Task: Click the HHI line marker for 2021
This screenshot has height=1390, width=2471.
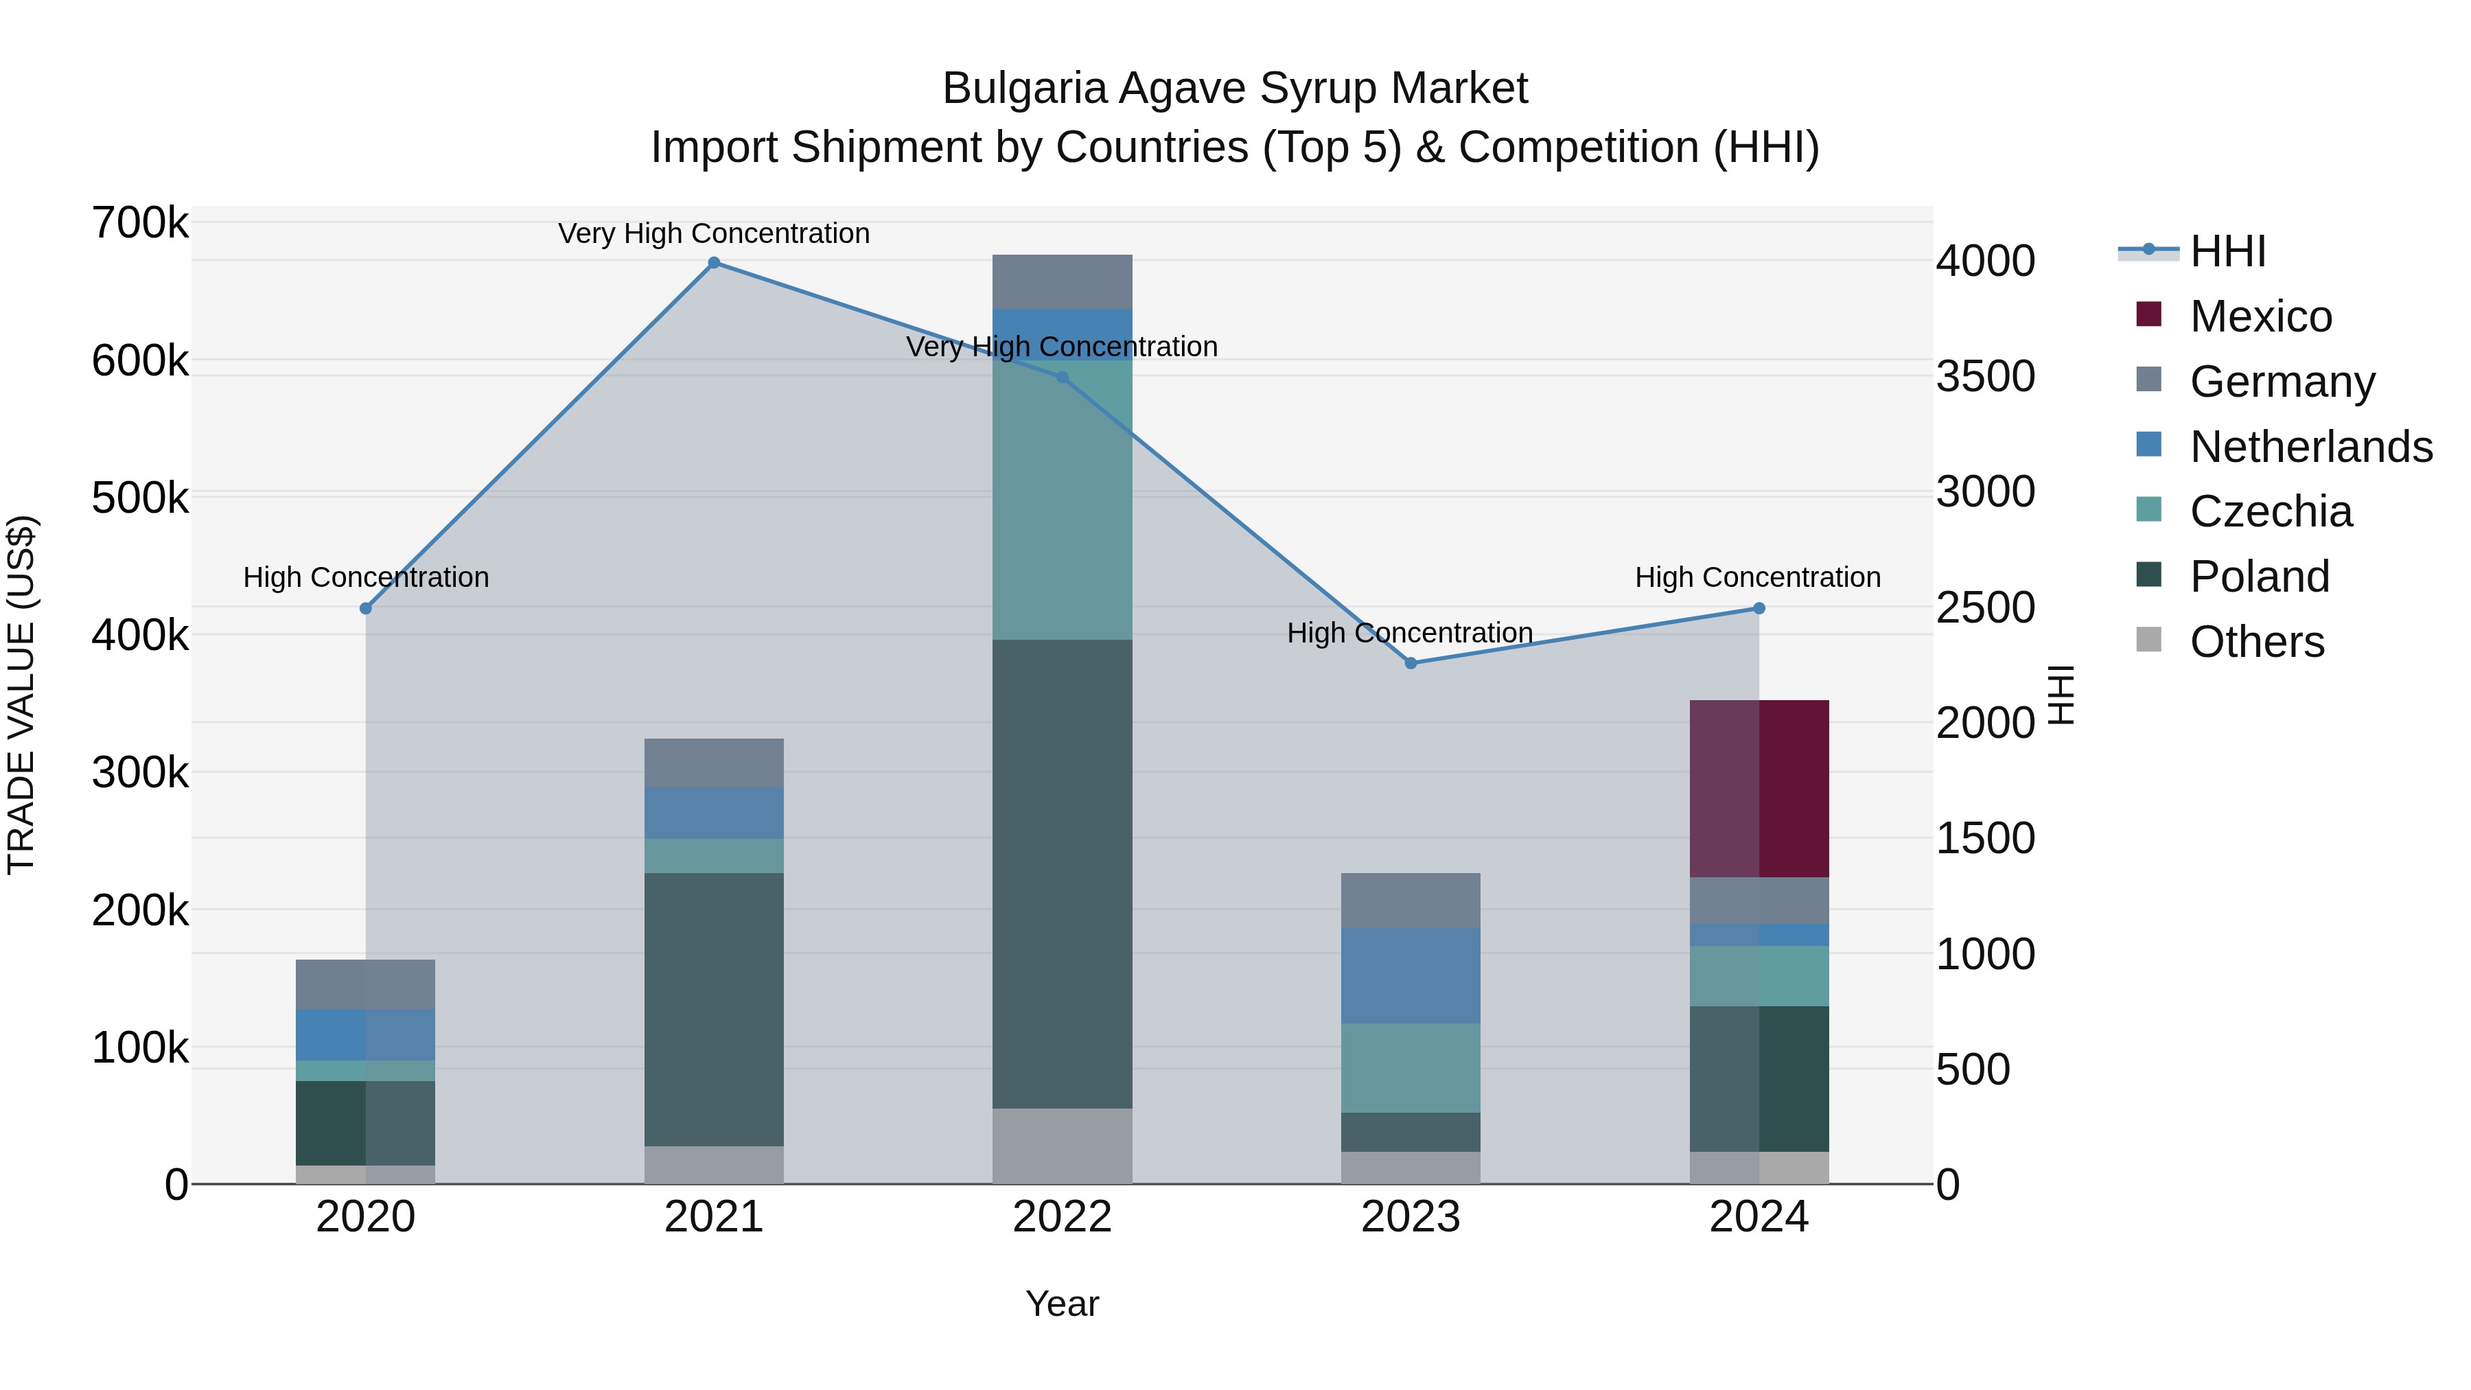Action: [x=714, y=263]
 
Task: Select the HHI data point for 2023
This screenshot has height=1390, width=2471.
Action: [x=1410, y=663]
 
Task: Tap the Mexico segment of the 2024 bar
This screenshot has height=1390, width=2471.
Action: [x=1759, y=789]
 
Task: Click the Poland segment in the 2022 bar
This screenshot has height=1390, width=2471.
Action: [x=1062, y=873]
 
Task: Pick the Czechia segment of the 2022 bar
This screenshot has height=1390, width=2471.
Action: [x=1062, y=499]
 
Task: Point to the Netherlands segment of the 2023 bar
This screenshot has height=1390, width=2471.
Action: [x=1410, y=975]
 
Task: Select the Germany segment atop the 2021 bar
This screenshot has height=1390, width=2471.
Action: [x=714, y=763]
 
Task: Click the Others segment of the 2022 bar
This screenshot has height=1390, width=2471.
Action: [x=1062, y=1146]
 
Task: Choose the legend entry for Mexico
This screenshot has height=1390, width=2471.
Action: [x=2260, y=316]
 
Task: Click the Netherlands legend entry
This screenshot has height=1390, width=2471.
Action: [x=2310, y=447]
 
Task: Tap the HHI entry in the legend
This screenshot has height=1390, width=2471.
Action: [x=2227, y=251]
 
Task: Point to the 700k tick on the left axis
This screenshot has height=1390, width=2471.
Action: [x=140, y=224]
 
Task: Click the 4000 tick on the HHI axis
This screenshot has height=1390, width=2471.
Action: [x=1984, y=261]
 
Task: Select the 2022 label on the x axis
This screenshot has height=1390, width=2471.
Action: [x=1062, y=1217]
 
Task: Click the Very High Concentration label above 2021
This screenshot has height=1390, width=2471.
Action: [x=714, y=233]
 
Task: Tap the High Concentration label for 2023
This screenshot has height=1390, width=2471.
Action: [x=1409, y=633]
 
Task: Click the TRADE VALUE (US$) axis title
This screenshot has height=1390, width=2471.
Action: [x=21, y=695]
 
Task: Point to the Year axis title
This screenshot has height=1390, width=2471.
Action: [x=1062, y=1304]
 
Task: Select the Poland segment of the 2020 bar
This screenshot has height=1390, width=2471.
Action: [x=364, y=1122]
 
